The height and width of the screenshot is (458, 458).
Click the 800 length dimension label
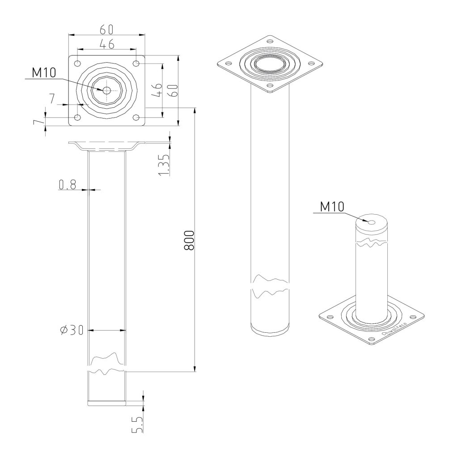189,240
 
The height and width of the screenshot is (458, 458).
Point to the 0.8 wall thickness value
67,184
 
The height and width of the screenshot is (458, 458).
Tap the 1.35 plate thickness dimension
164,164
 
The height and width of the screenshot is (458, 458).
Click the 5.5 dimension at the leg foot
137,424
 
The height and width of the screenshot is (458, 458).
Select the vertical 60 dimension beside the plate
174,91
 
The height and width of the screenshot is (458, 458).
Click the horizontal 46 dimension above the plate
106,43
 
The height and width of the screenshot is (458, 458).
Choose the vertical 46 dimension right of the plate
157,90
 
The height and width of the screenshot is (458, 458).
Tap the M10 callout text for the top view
44,73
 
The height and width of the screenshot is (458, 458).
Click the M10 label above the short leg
332,207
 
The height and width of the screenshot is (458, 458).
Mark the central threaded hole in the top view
106,90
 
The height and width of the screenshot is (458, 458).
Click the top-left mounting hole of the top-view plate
78,63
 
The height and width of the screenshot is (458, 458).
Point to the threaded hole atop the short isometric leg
371,221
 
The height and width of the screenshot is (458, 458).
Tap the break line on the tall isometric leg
270,287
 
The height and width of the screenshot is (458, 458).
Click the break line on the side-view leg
106,365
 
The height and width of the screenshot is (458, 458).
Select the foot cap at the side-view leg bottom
106,402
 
